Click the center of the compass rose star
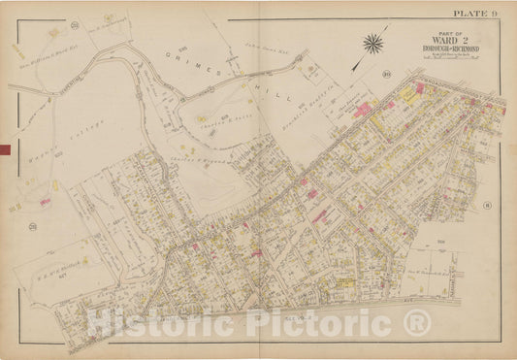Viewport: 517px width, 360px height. tap(372, 43)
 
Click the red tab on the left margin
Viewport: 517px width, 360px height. tap(5, 149)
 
